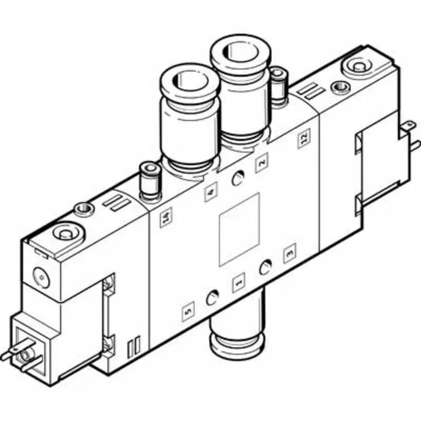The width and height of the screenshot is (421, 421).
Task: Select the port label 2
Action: [261, 164]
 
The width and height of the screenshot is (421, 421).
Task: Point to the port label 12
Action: [304, 140]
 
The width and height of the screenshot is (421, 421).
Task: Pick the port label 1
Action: [239, 281]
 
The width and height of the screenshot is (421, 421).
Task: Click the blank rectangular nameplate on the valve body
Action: [239, 229]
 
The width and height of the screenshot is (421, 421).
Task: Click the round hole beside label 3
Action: [265, 268]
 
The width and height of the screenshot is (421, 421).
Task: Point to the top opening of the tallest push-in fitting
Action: [240, 53]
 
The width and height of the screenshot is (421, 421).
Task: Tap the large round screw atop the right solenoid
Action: [360, 65]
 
